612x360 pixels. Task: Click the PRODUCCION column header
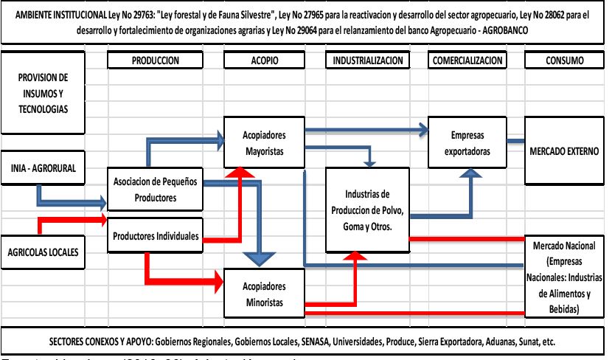(x=156, y=60)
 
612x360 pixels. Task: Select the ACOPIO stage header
(x=263, y=60)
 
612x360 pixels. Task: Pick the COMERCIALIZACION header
(x=468, y=60)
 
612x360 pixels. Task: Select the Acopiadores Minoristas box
(x=263, y=294)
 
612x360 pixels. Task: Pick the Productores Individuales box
(x=155, y=237)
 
